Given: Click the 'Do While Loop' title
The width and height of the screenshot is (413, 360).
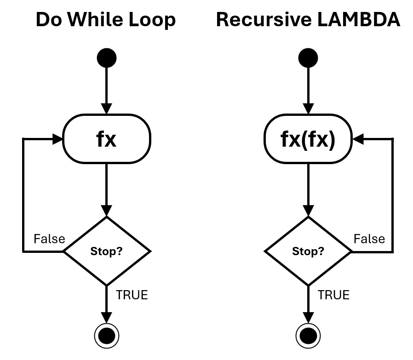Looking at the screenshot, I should click(106, 20).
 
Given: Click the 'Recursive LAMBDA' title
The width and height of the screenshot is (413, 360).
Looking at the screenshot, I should click(308, 20).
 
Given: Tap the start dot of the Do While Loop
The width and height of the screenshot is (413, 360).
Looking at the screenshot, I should click(107, 58).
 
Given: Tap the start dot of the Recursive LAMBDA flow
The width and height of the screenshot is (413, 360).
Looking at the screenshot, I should click(308, 58).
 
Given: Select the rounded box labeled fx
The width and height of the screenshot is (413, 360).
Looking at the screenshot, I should click(107, 139).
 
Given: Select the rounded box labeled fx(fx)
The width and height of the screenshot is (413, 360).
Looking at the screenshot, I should click(308, 139).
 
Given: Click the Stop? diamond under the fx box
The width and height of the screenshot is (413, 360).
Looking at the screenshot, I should click(107, 251).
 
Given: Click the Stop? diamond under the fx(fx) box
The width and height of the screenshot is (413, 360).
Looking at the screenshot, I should click(308, 251).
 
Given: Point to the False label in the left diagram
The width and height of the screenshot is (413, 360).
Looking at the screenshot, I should click(49, 239).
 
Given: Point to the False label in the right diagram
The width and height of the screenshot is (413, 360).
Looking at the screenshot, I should click(369, 239).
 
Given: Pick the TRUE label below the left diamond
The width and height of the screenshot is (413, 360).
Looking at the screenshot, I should click(132, 295).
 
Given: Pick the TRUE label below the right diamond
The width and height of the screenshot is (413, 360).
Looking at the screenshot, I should click(333, 295).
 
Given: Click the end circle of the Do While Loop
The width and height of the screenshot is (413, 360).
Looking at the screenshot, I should click(107, 336).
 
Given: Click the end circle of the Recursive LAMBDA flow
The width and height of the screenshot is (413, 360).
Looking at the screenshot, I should click(308, 336).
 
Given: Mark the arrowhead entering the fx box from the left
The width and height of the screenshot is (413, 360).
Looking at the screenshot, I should click(57, 139).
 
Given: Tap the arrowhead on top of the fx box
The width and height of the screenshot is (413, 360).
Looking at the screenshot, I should click(107, 109).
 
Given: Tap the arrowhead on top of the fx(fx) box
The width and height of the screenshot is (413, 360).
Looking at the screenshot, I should click(308, 109).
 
